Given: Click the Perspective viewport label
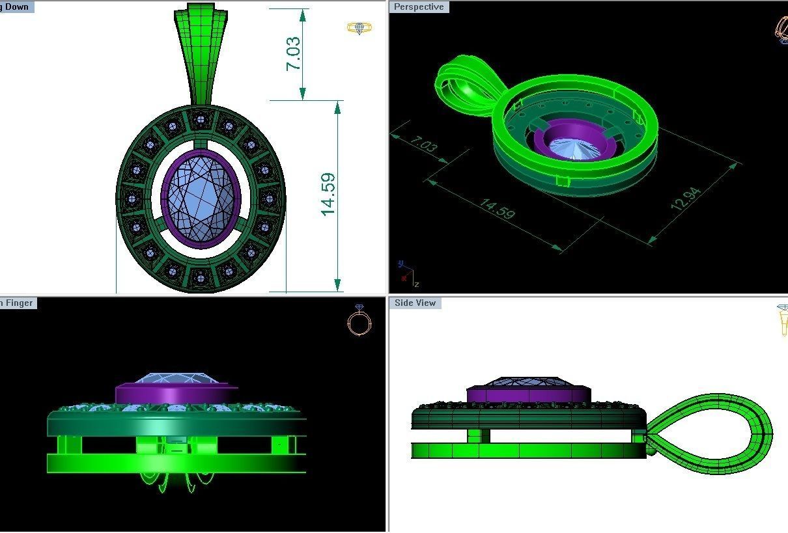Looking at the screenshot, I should pos(419,7).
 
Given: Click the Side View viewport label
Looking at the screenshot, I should pos(415,303).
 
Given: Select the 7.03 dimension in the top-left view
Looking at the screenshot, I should pos(294,53).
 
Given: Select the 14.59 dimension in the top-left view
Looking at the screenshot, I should pos(328,194).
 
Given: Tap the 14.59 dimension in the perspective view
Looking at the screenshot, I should pos(497,208).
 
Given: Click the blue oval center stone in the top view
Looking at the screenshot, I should pos(201,198).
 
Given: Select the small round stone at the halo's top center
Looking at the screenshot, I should pos(201,119).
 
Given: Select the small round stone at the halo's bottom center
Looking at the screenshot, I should pos(200,279).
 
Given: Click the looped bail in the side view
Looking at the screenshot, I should pos(716,433).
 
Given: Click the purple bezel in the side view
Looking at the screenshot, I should pos(528,394).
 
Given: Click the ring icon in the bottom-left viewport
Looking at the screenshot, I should pos(359,320).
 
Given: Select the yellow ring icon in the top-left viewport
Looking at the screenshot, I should pos(359,28).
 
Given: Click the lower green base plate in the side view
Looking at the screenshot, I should pos(528,450).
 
